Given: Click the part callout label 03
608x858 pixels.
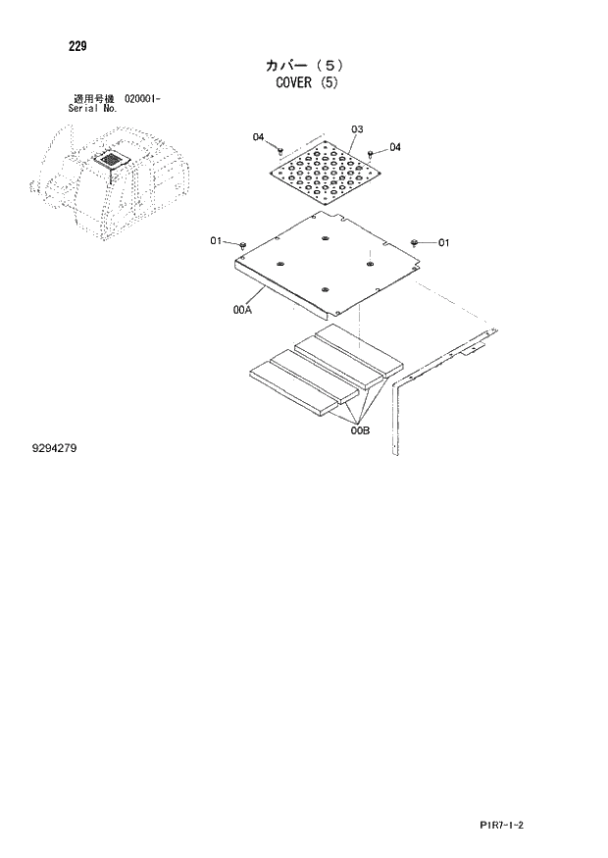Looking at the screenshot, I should pyautogui.click(x=356, y=129).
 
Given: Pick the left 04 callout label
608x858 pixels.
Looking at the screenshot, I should pyautogui.click(x=259, y=137).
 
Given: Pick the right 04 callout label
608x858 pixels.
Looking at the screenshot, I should pyautogui.click(x=395, y=147).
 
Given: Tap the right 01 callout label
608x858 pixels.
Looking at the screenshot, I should pyautogui.click(x=443, y=242).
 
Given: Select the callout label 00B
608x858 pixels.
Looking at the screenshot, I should pyautogui.click(x=359, y=429).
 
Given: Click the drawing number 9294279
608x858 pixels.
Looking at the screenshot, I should pyautogui.click(x=54, y=449).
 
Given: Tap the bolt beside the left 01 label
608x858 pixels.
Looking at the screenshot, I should pyautogui.click(x=241, y=241).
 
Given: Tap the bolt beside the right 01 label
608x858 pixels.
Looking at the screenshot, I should pyautogui.click(x=416, y=241).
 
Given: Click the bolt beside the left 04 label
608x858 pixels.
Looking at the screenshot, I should pyautogui.click(x=280, y=150).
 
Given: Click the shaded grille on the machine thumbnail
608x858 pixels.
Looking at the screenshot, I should pyautogui.click(x=112, y=159).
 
